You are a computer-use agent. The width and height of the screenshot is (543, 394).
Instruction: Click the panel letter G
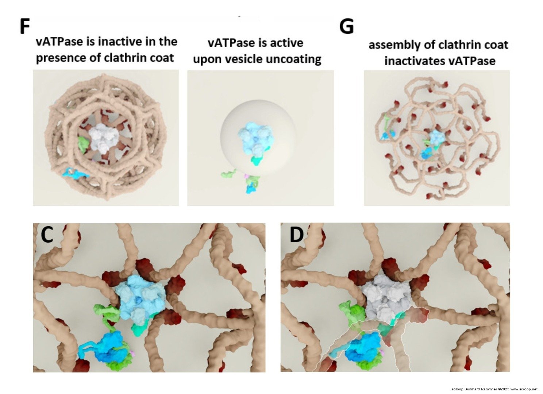(x=346, y=27)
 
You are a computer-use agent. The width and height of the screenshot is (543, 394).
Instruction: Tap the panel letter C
(x=48, y=235)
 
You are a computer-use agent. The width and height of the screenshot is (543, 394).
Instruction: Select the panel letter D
(x=296, y=235)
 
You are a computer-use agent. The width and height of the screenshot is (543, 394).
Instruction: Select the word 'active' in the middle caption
(x=285, y=43)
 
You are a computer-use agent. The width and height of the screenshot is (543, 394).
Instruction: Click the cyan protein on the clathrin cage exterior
(x=75, y=173)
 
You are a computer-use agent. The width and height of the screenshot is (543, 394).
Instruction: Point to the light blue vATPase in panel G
(x=436, y=138)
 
